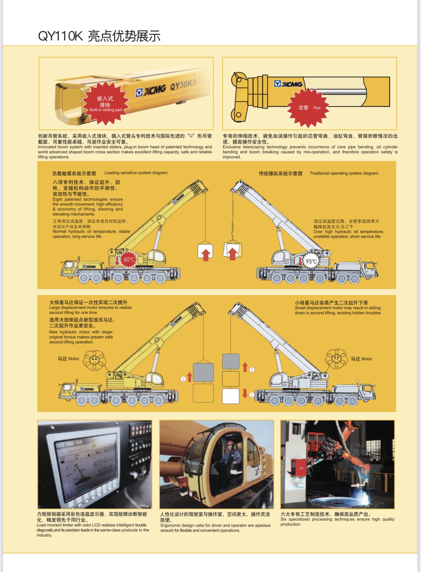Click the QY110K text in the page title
click(60, 36)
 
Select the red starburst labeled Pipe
click(308, 108)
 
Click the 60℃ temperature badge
click(129, 260)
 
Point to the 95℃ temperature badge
click(311, 261)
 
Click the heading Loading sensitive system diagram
click(136, 173)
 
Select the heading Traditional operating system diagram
click(344, 173)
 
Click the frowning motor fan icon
click(336, 359)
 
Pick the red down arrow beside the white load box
click(245, 394)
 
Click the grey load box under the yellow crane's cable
click(203, 372)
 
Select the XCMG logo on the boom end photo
click(151, 91)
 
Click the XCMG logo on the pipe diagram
click(288, 84)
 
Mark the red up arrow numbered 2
click(245, 367)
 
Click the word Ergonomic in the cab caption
click(171, 525)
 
